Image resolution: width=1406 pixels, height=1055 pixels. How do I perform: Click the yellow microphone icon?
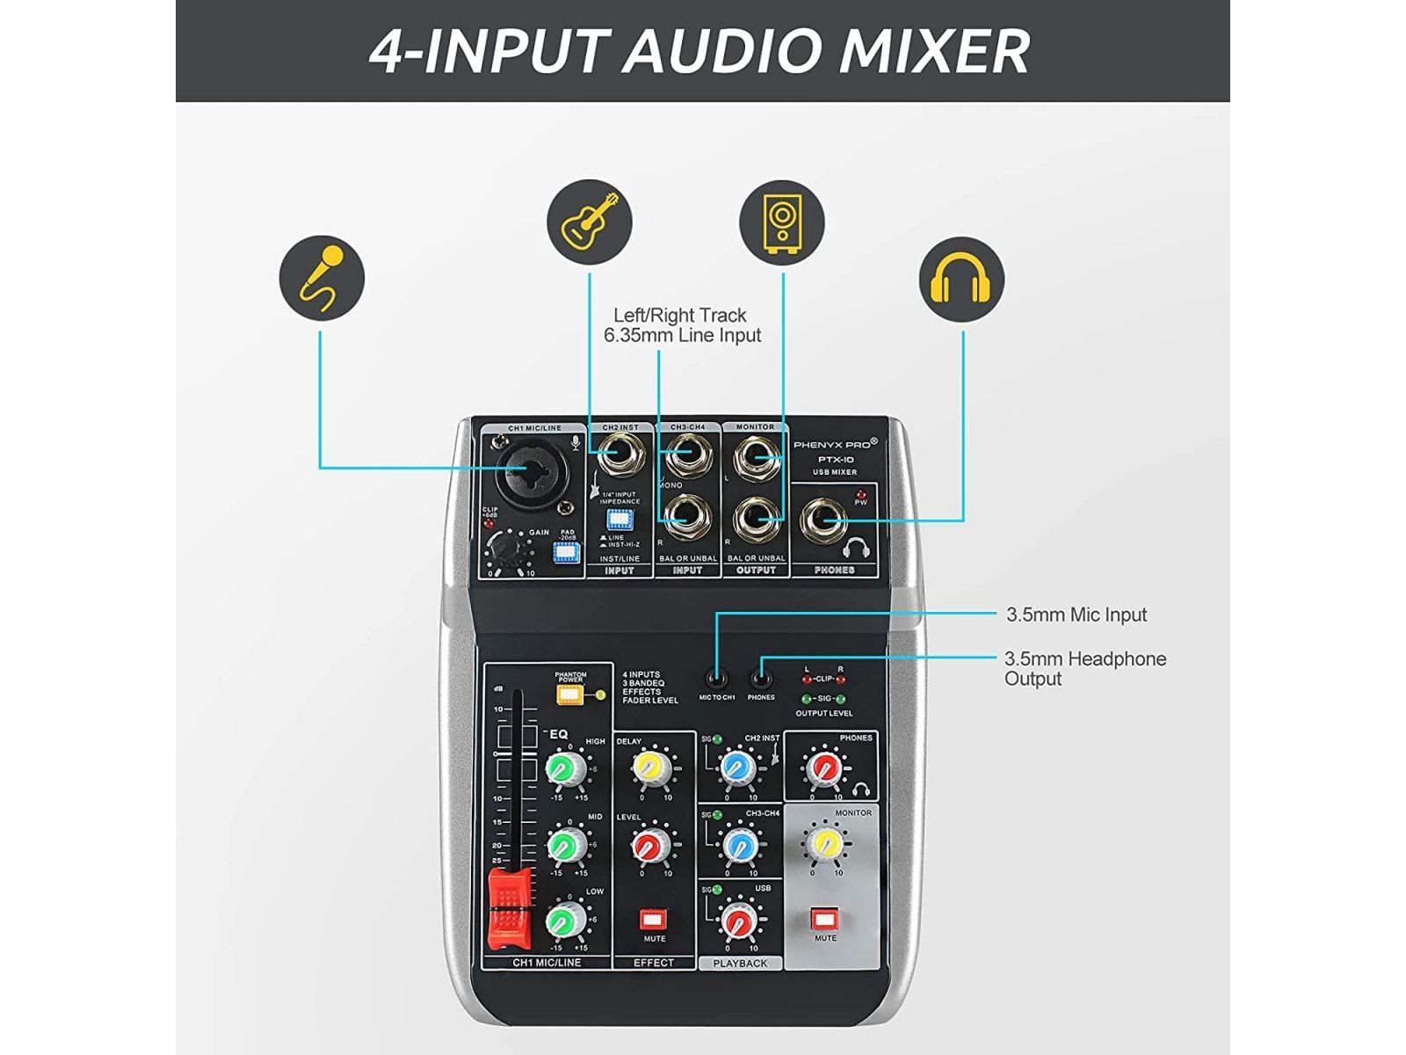pos(322,278)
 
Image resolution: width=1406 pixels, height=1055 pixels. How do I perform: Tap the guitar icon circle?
pos(590,222)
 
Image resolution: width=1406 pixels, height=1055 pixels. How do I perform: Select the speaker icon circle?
pos(781,222)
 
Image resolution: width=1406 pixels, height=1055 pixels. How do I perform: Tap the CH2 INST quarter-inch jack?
pos(620,456)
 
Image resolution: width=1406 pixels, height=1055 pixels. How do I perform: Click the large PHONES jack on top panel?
pos(825,522)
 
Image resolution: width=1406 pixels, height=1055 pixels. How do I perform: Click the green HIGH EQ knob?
pos(566,768)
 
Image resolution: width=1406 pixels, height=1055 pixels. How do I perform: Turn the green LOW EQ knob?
pos(566,920)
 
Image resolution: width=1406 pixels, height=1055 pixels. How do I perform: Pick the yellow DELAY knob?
pos(652,768)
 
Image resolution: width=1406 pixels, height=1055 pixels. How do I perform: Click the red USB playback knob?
pos(739,920)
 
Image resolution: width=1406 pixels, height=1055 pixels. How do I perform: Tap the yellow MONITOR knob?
pos(826,843)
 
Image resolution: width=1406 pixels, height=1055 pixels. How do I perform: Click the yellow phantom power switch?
pos(570,695)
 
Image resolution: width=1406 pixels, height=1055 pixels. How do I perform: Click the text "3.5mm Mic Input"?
pos(1076,615)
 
